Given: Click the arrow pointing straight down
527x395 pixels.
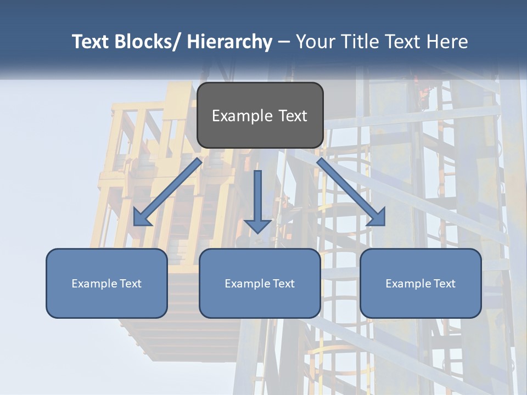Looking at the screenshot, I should (257, 200).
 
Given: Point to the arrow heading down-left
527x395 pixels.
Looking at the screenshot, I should (168, 192).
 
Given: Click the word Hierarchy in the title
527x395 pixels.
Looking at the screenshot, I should (229, 42).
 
